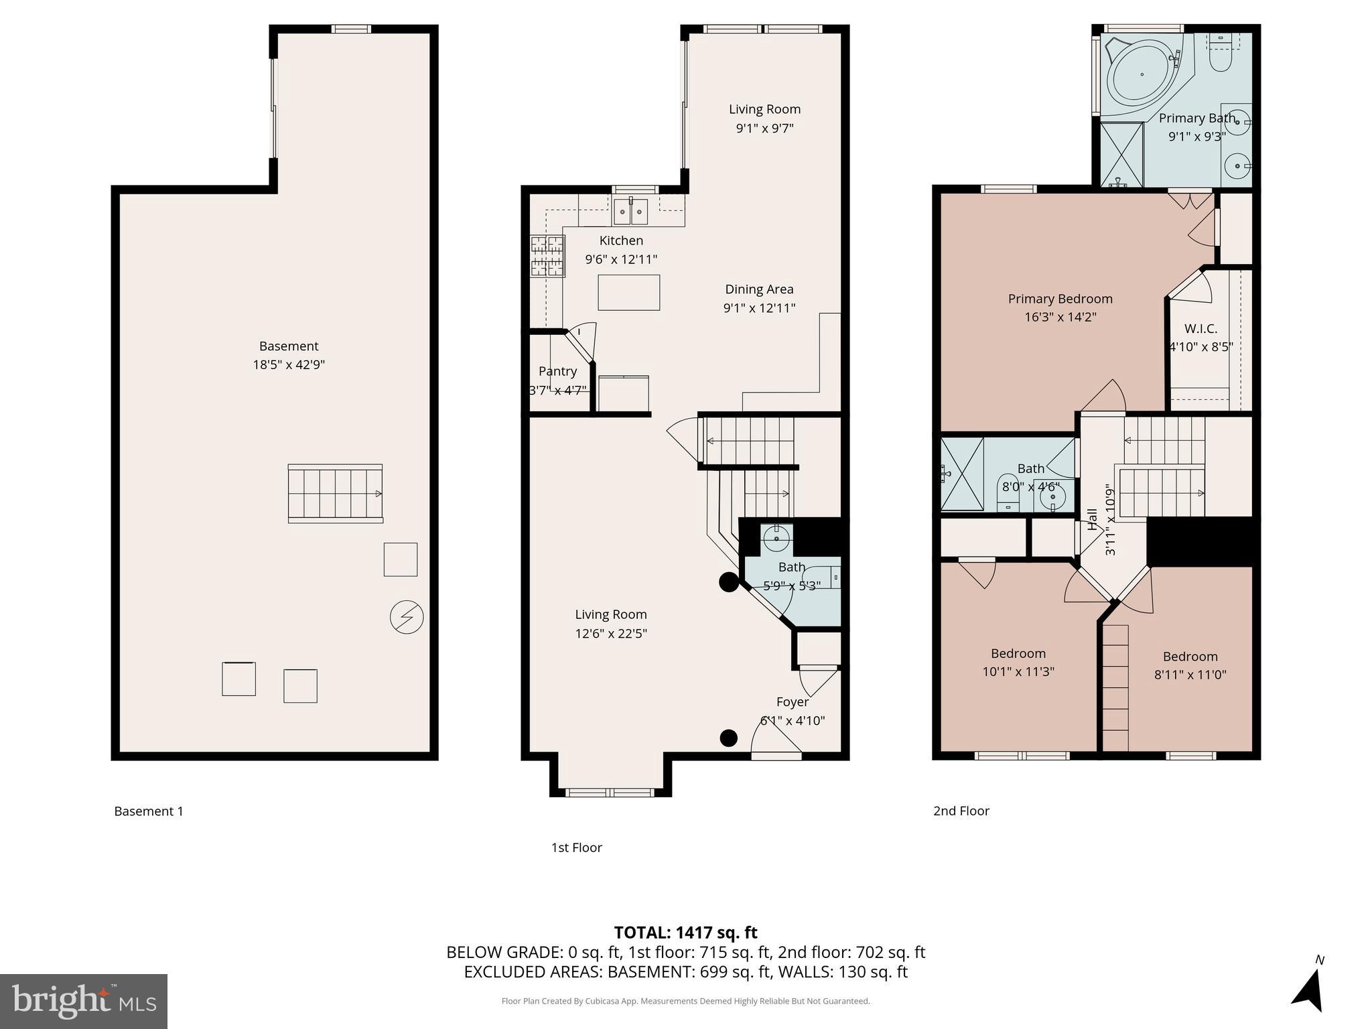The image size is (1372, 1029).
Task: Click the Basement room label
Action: click(289, 346)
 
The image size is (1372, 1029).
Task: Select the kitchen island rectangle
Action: click(628, 292)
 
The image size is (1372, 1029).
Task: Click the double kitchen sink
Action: click(630, 212)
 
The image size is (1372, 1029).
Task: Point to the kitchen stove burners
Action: click(547, 256)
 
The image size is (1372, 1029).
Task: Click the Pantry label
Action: click(557, 371)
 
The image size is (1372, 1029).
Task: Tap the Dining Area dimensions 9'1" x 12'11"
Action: click(759, 308)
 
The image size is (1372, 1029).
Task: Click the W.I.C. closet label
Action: click(1200, 329)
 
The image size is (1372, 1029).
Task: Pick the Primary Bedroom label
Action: click(1060, 299)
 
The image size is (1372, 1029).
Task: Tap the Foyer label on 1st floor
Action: click(793, 702)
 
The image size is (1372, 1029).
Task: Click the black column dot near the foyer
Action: click(728, 738)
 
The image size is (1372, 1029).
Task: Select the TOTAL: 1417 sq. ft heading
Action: click(685, 933)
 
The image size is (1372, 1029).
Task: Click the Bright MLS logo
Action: click(84, 1001)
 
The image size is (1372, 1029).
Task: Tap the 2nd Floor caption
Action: click(961, 811)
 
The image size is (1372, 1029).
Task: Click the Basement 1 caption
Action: click(149, 811)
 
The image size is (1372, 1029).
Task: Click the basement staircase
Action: click(335, 494)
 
